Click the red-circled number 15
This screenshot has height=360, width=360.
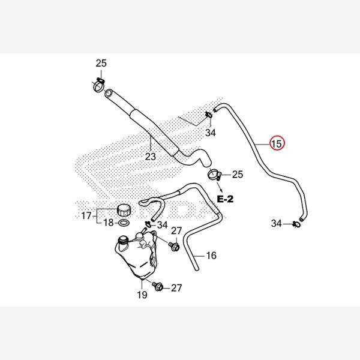click(277, 144)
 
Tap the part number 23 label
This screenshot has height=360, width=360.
click(150, 157)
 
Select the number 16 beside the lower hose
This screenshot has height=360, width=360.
click(211, 256)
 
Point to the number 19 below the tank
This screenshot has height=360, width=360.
click(142, 295)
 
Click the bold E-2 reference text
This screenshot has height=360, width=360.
click(225, 198)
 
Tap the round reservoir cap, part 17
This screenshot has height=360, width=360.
click(124, 210)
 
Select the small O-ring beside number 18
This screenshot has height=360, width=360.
click(123, 223)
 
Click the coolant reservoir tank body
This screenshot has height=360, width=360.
click(136, 256)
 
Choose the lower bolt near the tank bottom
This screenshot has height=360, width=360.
click(157, 286)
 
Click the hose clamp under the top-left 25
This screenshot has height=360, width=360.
click(99, 84)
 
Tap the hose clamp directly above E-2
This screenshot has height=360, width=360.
click(214, 176)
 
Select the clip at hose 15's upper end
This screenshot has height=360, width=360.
click(208, 113)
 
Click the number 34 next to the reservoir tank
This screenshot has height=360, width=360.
click(162, 225)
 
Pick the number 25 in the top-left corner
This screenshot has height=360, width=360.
click(101, 64)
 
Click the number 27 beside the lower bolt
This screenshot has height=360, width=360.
click(176, 288)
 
